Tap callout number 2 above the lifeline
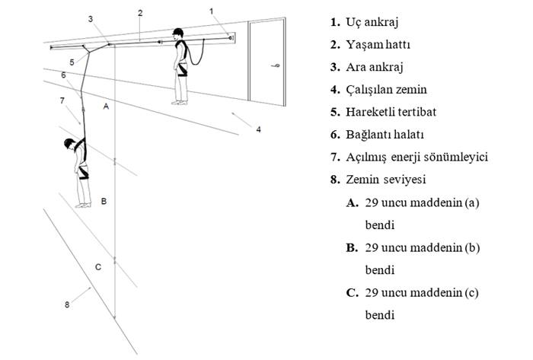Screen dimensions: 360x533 [140, 12]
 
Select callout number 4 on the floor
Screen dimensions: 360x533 [258, 129]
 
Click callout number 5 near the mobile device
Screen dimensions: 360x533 [72, 61]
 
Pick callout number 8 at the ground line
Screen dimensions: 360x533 [67, 304]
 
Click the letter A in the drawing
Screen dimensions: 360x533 [106, 108]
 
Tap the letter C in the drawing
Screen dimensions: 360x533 [98, 267]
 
